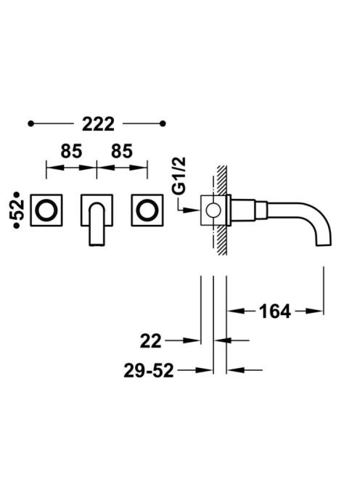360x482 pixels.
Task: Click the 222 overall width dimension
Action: point(99,124)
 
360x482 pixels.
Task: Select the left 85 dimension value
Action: point(71,151)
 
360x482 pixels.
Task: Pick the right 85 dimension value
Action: point(122,151)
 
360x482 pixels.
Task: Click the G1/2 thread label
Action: point(179,176)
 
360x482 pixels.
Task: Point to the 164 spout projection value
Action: point(275,311)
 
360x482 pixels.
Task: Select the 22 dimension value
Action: point(151,341)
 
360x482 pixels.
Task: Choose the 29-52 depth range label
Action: point(149,371)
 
